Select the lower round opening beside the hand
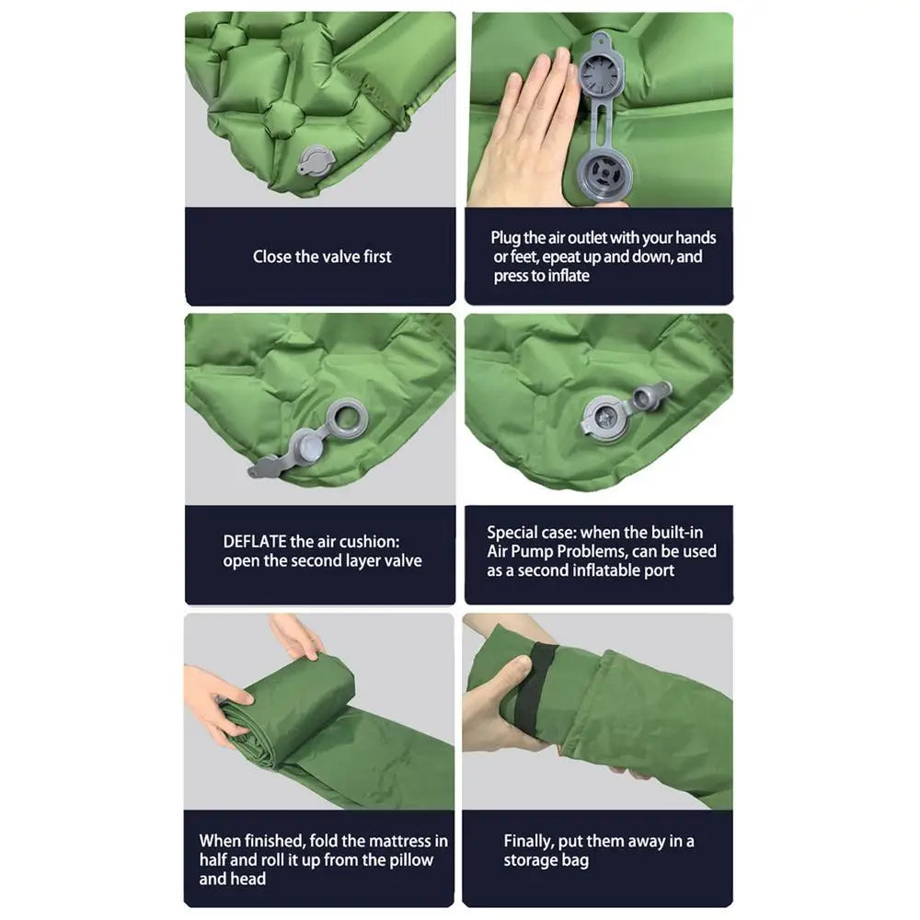click(604, 172)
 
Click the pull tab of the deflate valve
click(267, 468)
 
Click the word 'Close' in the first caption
click(272, 257)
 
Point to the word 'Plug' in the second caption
click(507, 237)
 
